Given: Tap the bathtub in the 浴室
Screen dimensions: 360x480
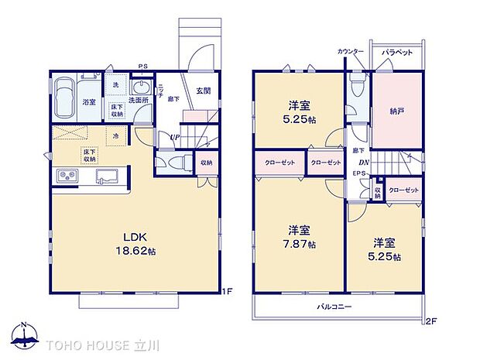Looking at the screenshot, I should click(67, 98).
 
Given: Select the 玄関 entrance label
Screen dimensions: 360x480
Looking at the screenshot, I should click(202, 90).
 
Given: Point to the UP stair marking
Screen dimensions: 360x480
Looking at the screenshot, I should click(177, 138).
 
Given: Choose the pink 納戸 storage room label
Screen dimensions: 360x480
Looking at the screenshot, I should click(397, 111).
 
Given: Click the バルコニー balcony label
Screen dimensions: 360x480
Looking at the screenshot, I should click(334, 307).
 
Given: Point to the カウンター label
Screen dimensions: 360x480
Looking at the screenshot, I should click(351, 52).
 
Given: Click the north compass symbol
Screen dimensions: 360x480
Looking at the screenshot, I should click(25, 333).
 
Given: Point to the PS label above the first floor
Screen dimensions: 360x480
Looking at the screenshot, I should click(142, 67).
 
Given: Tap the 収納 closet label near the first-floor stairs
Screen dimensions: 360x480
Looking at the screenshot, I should click(206, 163).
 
